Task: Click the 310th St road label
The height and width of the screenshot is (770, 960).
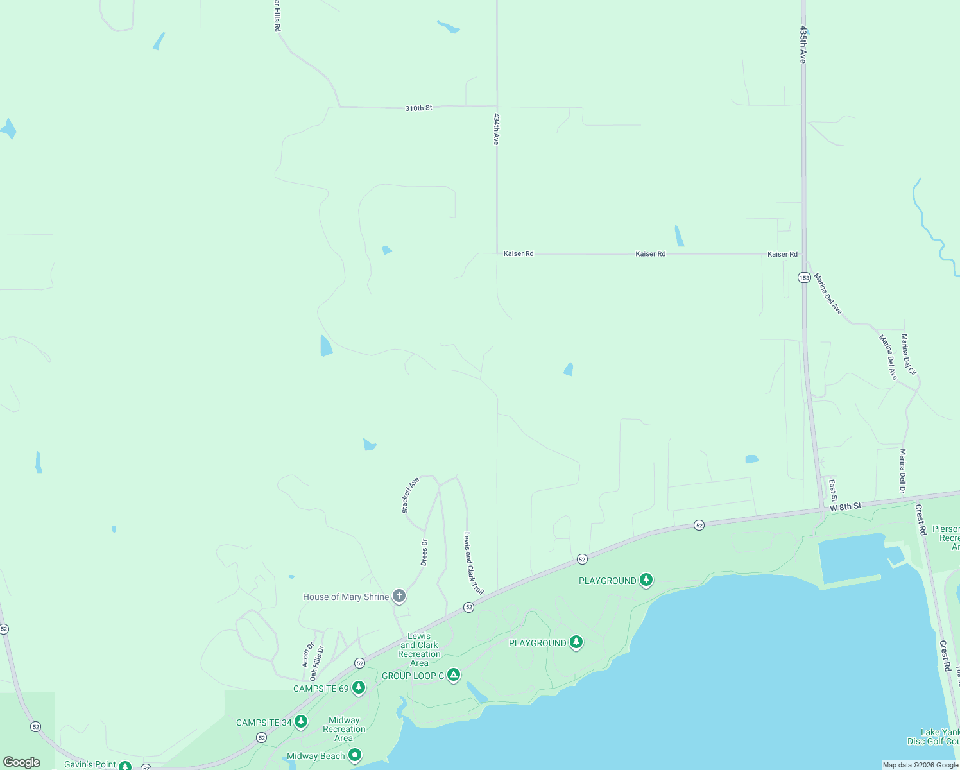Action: click(x=418, y=108)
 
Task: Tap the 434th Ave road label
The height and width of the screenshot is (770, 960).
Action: click(x=496, y=129)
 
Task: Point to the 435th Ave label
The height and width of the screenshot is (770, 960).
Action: click(x=802, y=44)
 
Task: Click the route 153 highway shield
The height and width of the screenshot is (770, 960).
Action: click(x=804, y=277)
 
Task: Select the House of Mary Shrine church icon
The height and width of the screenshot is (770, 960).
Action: click(x=399, y=597)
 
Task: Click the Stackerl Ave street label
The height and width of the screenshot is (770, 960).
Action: click(x=410, y=495)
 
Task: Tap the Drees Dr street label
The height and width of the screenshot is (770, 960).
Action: click(x=424, y=552)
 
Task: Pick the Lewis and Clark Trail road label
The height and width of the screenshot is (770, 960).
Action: click(x=474, y=563)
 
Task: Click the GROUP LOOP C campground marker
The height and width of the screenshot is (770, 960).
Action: click(x=454, y=675)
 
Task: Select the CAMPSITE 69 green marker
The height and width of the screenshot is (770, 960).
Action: click(x=359, y=688)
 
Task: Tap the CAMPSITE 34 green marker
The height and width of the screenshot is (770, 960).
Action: click(x=300, y=722)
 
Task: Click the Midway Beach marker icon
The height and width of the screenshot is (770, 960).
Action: click(x=355, y=756)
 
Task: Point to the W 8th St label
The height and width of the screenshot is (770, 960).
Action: click(x=845, y=507)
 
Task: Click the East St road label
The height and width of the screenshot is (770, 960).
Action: click(x=833, y=490)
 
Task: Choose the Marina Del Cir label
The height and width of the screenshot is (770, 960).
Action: click(x=909, y=354)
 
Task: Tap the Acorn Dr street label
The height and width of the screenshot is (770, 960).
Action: click(x=308, y=654)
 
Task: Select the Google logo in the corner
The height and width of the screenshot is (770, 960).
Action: click(x=22, y=762)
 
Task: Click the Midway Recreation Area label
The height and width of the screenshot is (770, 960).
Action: click(x=344, y=729)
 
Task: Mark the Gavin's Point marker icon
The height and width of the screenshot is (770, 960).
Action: click(x=125, y=766)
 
